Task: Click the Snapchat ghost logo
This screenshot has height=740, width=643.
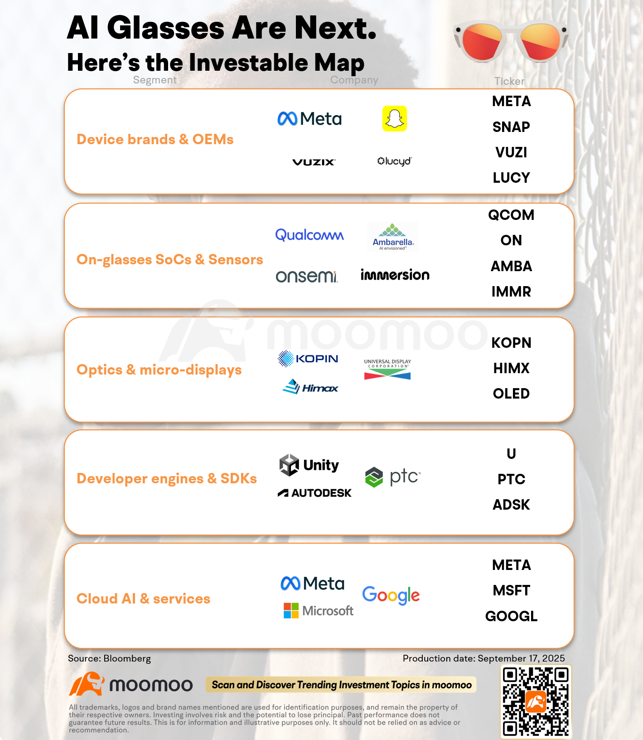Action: pyautogui.click(x=395, y=119)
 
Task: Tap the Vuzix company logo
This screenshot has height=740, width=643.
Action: pyautogui.click(x=314, y=162)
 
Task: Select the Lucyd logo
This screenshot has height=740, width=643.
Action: pyautogui.click(x=395, y=161)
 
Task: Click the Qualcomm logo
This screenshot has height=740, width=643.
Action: pyautogui.click(x=309, y=235)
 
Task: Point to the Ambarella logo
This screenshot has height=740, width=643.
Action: pyautogui.click(x=392, y=237)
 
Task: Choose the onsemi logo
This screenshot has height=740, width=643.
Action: pyautogui.click(x=307, y=276)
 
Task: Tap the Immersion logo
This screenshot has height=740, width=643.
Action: pyautogui.click(x=395, y=274)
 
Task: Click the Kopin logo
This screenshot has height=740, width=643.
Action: pyautogui.click(x=308, y=359)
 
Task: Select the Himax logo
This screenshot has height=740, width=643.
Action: pyautogui.click(x=310, y=387)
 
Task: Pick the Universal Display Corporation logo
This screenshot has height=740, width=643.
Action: pyautogui.click(x=387, y=369)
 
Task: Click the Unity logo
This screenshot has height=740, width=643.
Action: pyautogui.click(x=309, y=465)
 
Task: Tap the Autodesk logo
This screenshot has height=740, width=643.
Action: pyautogui.click(x=314, y=493)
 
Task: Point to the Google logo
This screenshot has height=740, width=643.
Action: pyautogui.click(x=391, y=595)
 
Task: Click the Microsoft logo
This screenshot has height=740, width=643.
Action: pyautogui.click(x=318, y=611)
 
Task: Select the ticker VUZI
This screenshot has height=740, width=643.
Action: pyautogui.click(x=511, y=152)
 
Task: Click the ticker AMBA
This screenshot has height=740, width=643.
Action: pyautogui.click(x=511, y=266)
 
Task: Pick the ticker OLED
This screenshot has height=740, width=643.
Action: pyautogui.click(x=511, y=394)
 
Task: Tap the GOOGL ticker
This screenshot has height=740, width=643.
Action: pyautogui.click(x=511, y=616)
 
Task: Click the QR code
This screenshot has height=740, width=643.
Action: pyautogui.click(x=536, y=701)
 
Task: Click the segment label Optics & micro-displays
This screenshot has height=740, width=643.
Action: pyautogui.click(x=159, y=370)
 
